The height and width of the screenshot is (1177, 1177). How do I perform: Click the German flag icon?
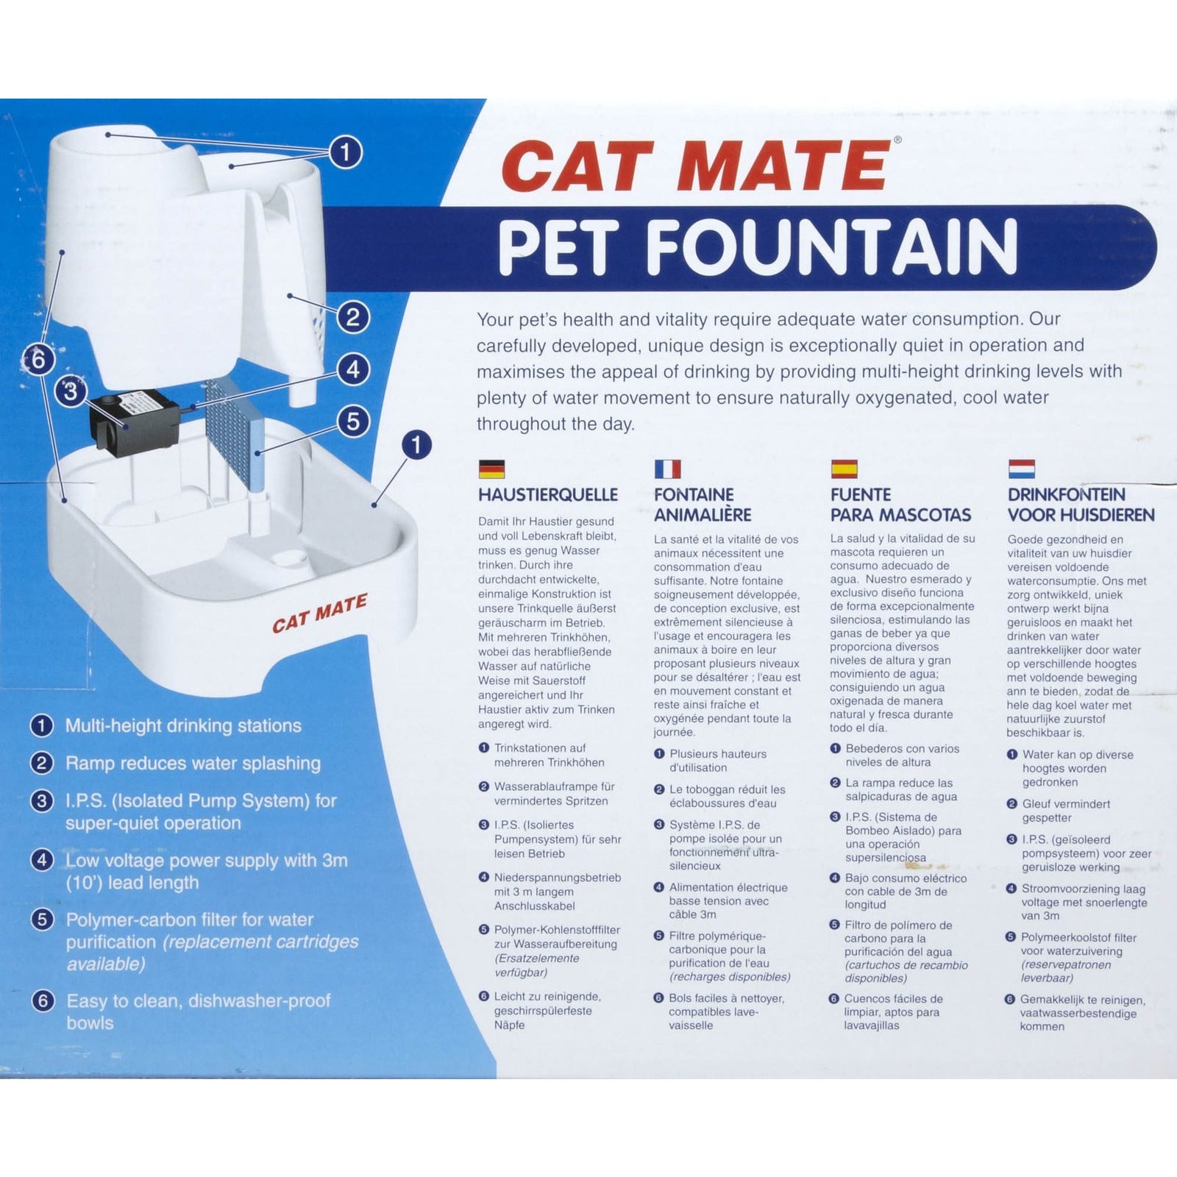pos(491,469)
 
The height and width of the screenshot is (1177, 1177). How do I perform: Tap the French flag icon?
pos(667,469)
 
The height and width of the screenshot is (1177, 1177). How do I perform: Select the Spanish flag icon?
pos(844,469)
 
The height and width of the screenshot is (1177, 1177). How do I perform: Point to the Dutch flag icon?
pos(1021,469)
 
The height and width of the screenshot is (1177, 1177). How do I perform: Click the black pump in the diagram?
pos(135,421)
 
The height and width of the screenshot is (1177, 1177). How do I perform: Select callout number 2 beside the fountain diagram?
pos(353,317)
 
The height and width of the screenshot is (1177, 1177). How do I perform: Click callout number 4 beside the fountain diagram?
pos(353,369)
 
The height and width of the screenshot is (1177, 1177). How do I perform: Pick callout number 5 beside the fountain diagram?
pos(354,422)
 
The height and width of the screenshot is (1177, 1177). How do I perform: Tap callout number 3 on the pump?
pos(71,391)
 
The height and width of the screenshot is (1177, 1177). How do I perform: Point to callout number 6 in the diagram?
pos(39,360)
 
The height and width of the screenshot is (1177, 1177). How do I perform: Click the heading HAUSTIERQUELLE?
pos(548,494)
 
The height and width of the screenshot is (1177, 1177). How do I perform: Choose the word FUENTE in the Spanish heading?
pos(861,494)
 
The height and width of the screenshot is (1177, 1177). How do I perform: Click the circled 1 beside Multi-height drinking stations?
pos(41,726)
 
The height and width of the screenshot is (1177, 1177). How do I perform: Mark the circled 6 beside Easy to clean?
pos(43,1000)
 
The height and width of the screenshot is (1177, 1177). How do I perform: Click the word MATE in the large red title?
pos(780,166)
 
